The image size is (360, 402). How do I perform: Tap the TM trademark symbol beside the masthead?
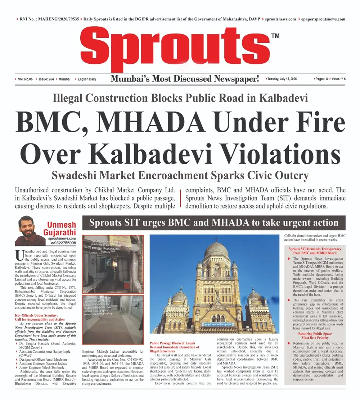click(275, 36)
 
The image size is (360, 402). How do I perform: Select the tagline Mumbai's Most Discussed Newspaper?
click(184, 79)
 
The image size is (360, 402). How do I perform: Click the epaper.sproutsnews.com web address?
click(323, 19)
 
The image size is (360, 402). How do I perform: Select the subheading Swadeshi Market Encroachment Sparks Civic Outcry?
click(180, 175)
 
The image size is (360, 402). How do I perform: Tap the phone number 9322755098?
click(63, 243)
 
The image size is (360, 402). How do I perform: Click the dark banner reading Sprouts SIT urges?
click(214, 223)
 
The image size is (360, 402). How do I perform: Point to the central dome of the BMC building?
click(216, 249)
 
